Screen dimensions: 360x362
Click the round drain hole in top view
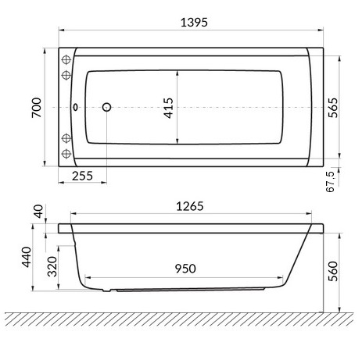point(107,108)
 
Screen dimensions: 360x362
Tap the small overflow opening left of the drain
point(75,108)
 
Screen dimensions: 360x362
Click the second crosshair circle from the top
point(66,75)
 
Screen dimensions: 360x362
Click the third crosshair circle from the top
point(66,138)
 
